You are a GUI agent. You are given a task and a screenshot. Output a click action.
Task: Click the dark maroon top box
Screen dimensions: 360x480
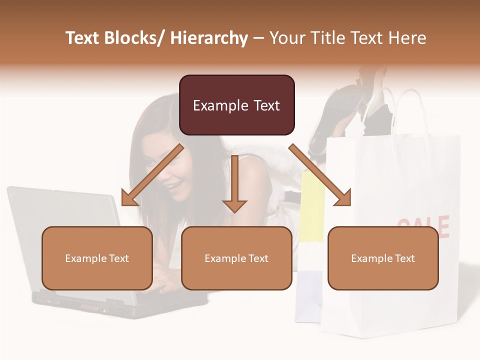point(236,105)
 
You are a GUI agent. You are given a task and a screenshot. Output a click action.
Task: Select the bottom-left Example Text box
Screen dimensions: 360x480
point(97,258)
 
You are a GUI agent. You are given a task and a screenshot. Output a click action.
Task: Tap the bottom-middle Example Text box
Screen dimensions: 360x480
point(236,258)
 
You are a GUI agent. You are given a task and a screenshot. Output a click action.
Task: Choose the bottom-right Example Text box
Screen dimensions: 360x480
point(383,258)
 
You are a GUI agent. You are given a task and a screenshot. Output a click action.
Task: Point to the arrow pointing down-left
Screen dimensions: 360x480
point(152,175)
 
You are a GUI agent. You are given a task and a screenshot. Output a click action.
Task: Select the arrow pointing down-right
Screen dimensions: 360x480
point(320,175)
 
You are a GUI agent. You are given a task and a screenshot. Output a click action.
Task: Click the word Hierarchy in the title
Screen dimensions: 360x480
point(209,38)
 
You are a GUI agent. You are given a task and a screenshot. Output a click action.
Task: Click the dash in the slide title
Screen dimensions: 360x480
point(258,38)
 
